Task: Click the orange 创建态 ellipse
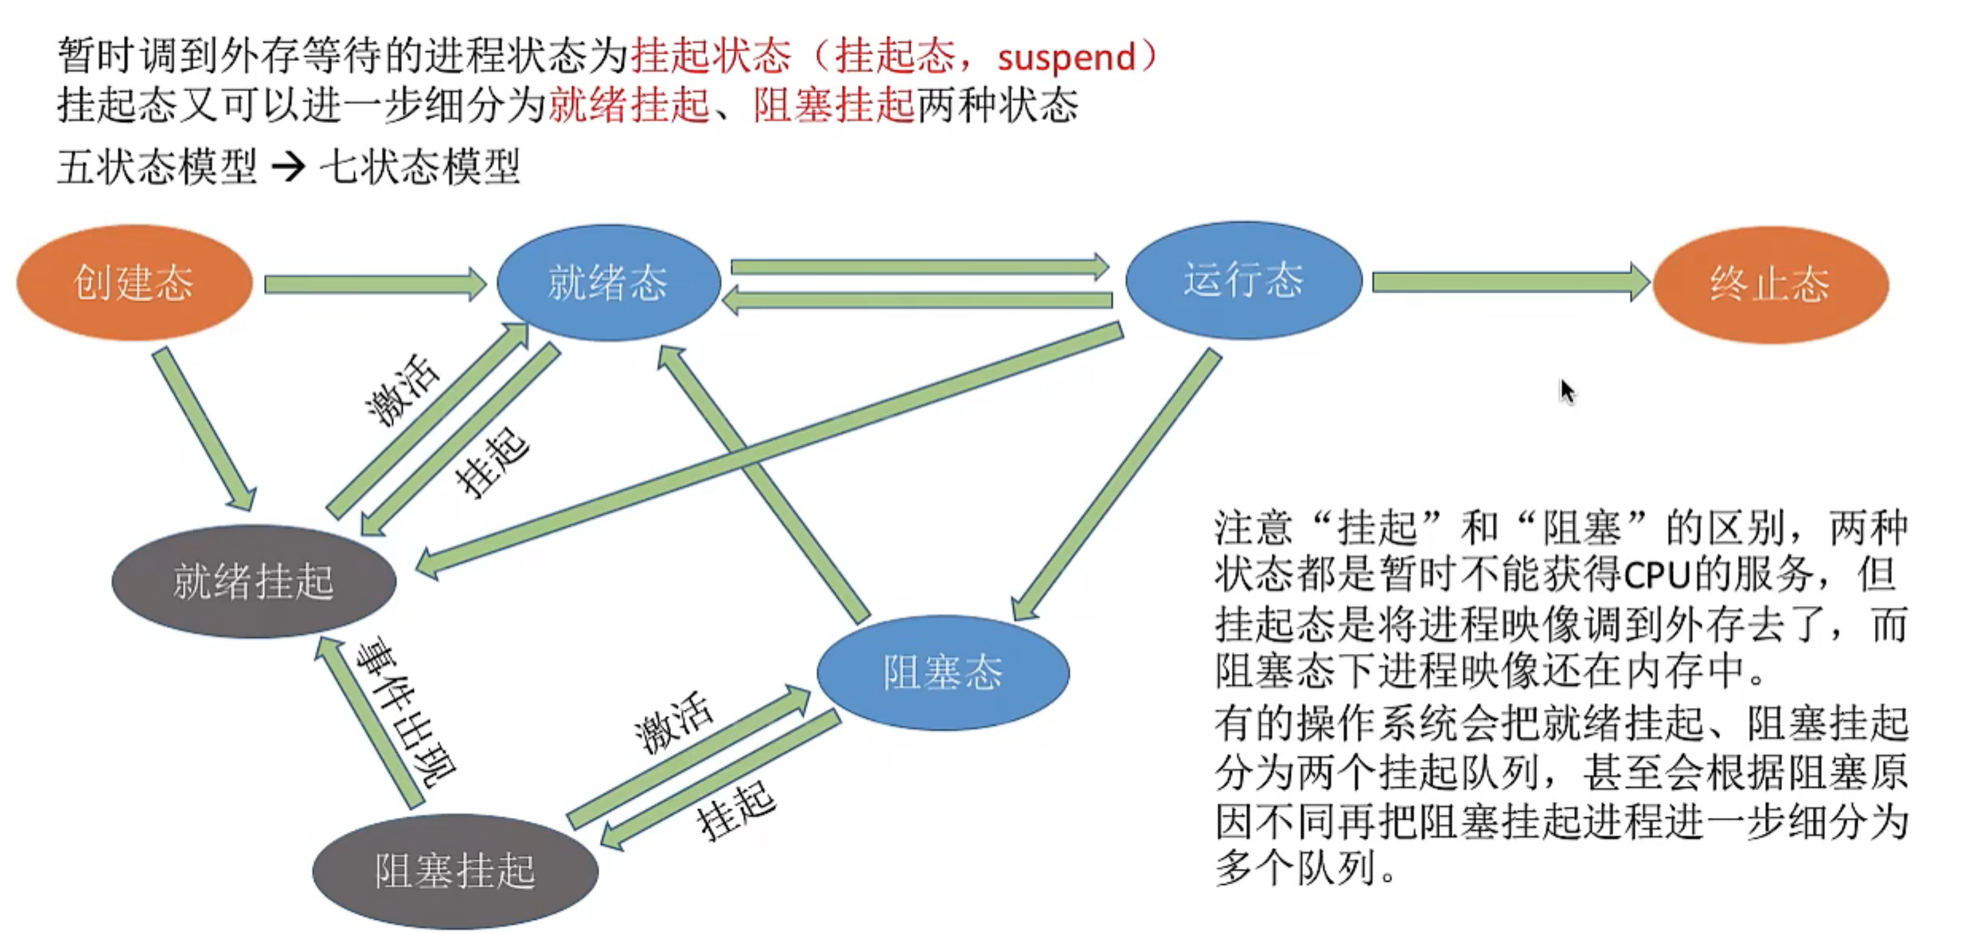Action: (x=134, y=282)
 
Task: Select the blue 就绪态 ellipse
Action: (x=608, y=282)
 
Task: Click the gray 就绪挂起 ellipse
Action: (x=253, y=581)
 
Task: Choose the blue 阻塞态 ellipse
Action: (x=943, y=672)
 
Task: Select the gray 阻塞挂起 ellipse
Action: (x=455, y=871)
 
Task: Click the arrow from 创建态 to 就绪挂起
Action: (x=204, y=428)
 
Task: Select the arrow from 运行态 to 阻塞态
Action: (x=1116, y=485)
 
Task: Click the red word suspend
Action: (x=1066, y=58)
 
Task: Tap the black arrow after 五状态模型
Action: (x=289, y=166)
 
